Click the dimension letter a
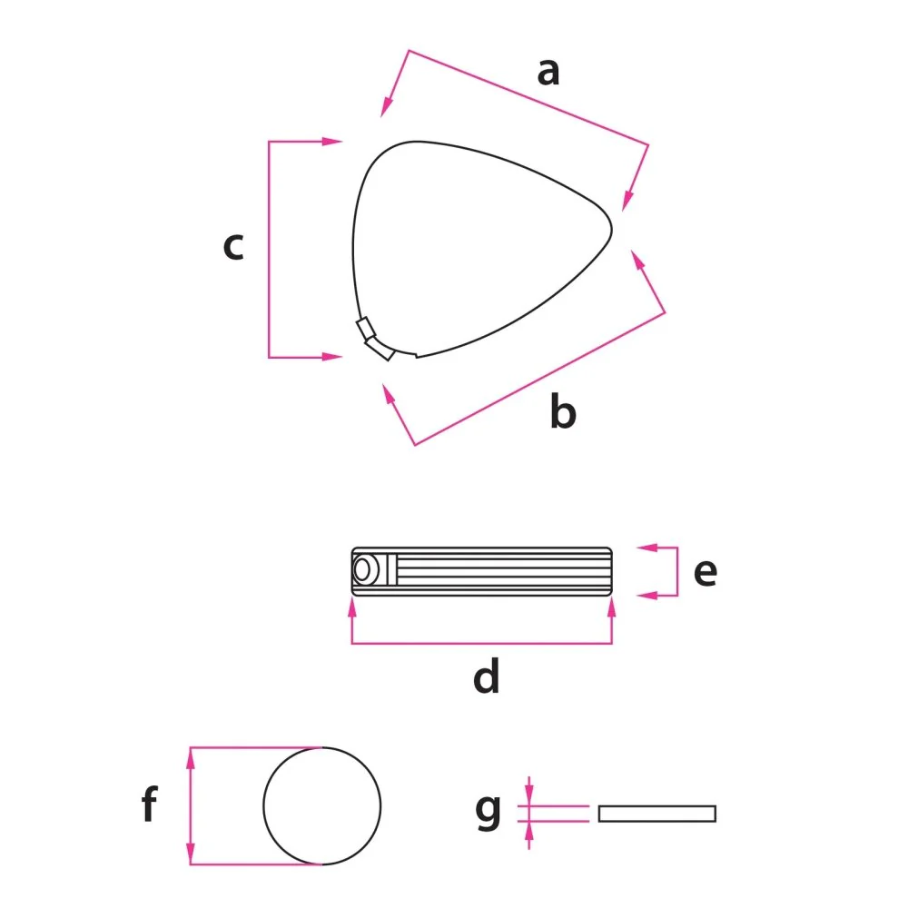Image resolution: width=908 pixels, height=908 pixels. pos(548,73)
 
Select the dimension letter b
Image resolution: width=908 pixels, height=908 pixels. pos(563,410)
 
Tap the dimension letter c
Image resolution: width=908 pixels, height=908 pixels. pos(233,246)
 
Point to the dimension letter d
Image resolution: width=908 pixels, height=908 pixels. pos(486,676)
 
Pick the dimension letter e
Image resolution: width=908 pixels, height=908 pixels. pos(706,572)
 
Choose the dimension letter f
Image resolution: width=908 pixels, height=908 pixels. pos(150,804)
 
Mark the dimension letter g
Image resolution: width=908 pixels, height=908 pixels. pos(489,811)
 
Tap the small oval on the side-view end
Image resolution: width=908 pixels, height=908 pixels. pos(362,570)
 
